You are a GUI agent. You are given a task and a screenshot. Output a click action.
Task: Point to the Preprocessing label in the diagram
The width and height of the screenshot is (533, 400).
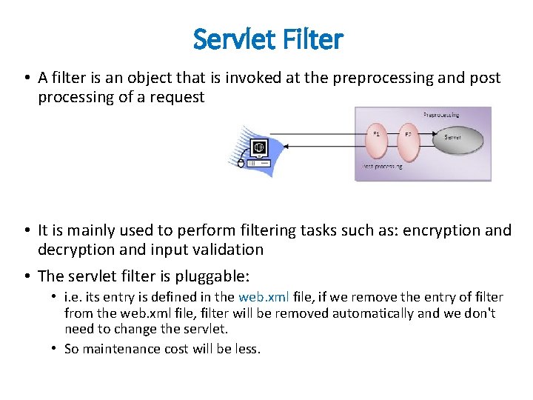point(440,115)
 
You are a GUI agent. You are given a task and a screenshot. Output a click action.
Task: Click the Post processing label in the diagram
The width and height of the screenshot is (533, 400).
point(382,167)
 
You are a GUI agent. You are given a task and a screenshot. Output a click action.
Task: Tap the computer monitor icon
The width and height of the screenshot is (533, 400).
point(259,146)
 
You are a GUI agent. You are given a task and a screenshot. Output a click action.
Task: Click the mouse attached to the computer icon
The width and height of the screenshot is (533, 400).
point(241,164)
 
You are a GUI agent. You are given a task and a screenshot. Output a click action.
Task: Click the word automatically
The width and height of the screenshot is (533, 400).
point(374,313)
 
